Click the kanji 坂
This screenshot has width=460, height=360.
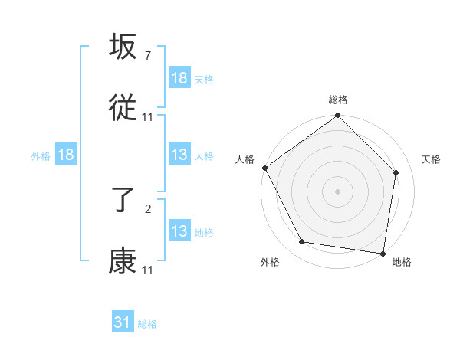[x=123, y=47]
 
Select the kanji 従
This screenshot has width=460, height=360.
[x=123, y=108]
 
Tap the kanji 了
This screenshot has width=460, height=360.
[x=123, y=201]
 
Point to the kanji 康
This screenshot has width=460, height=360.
[x=123, y=262]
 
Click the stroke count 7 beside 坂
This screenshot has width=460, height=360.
[x=147, y=56]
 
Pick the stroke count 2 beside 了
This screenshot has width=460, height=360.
[x=147, y=208]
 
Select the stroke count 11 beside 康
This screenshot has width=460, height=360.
[x=148, y=270]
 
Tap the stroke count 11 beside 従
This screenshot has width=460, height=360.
[x=148, y=117]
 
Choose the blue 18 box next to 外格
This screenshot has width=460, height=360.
[x=66, y=155]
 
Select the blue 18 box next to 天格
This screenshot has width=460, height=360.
[x=179, y=78]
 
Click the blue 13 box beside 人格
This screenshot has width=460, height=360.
[x=179, y=155]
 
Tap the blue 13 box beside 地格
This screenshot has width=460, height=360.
[x=179, y=231]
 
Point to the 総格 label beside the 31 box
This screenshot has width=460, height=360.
[x=147, y=324]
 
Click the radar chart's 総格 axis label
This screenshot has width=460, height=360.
[x=338, y=100]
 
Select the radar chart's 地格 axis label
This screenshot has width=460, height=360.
[x=402, y=263]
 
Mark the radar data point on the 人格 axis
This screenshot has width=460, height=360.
[x=264, y=168]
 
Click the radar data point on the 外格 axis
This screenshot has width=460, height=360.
[x=301, y=242]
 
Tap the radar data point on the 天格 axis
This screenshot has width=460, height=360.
[x=396, y=172]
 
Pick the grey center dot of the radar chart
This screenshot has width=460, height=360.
[x=338, y=191]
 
